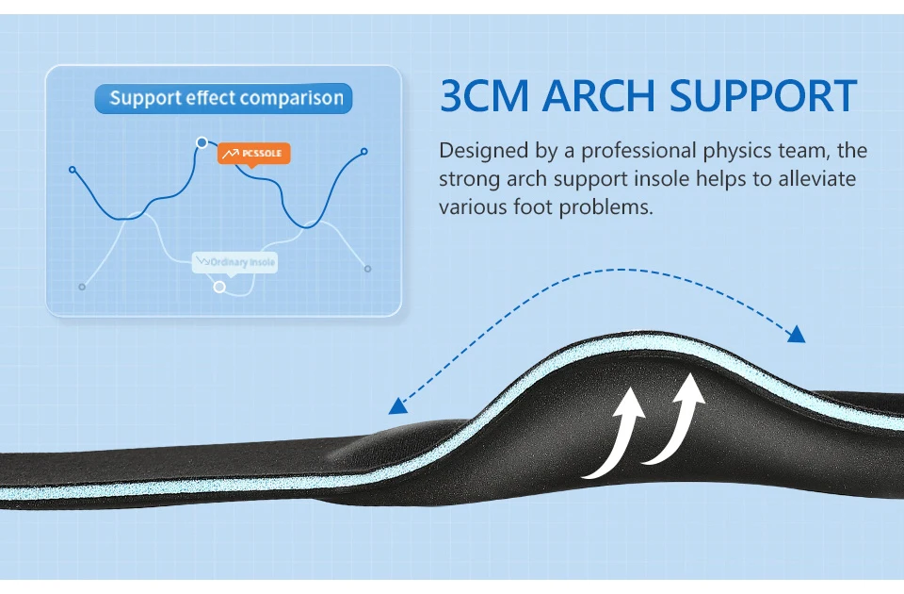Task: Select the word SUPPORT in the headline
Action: [x=763, y=97]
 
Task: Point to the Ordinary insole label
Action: [x=234, y=261]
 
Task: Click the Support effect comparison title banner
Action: [x=224, y=99]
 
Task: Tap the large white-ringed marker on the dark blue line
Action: [x=202, y=142]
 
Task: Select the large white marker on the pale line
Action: [x=219, y=287]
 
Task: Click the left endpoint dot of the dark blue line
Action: [x=73, y=170]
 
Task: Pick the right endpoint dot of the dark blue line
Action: [x=364, y=151]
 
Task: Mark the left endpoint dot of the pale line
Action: [x=82, y=286]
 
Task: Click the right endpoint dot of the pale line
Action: [x=367, y=269]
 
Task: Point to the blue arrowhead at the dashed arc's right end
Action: [x=796, y=333]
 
